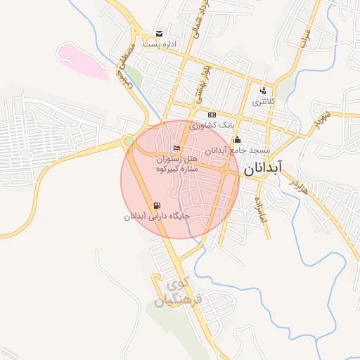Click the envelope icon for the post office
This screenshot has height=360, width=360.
[160, 34]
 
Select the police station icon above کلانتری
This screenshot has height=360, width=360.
[263, 91]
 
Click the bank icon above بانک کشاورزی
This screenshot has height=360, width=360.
[212, 115]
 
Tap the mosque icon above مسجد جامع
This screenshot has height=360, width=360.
[237, 139]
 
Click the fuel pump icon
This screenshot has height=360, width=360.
[155, 205]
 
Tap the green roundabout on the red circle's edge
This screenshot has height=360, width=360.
[129, 142]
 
